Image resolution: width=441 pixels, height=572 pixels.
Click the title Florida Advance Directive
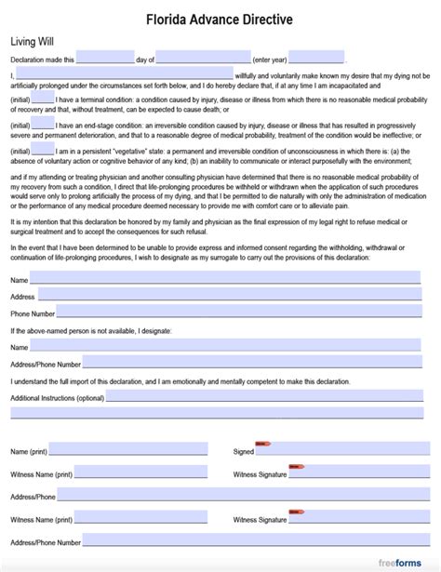tap(220, 18)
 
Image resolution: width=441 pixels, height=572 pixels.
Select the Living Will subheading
tap(31, 42)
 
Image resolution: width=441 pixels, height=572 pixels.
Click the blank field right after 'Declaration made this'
tap(105, 58)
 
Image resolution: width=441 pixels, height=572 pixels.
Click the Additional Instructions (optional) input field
tap(269, 397)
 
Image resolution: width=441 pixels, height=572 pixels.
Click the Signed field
tap(344, 450)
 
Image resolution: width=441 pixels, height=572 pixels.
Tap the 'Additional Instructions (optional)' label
tap(57, 398)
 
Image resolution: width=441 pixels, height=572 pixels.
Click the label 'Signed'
tap(244, 451)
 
